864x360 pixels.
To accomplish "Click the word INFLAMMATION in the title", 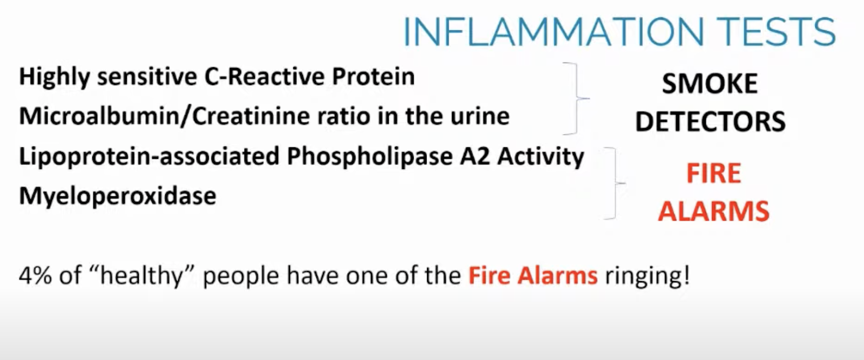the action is (x=554, y=32).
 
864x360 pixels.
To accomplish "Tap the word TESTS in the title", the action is (x=777, y=32).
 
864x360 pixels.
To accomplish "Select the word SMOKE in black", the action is (x=710, y=84).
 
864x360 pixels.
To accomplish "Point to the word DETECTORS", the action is (x=710, y=121).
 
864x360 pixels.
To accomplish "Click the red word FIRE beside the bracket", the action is (x=713, y=173).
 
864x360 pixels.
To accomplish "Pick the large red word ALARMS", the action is (x=713, y=211).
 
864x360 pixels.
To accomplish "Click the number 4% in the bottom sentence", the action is (x=35, y=275).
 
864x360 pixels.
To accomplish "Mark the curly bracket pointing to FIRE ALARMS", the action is (x=615, y=184).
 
